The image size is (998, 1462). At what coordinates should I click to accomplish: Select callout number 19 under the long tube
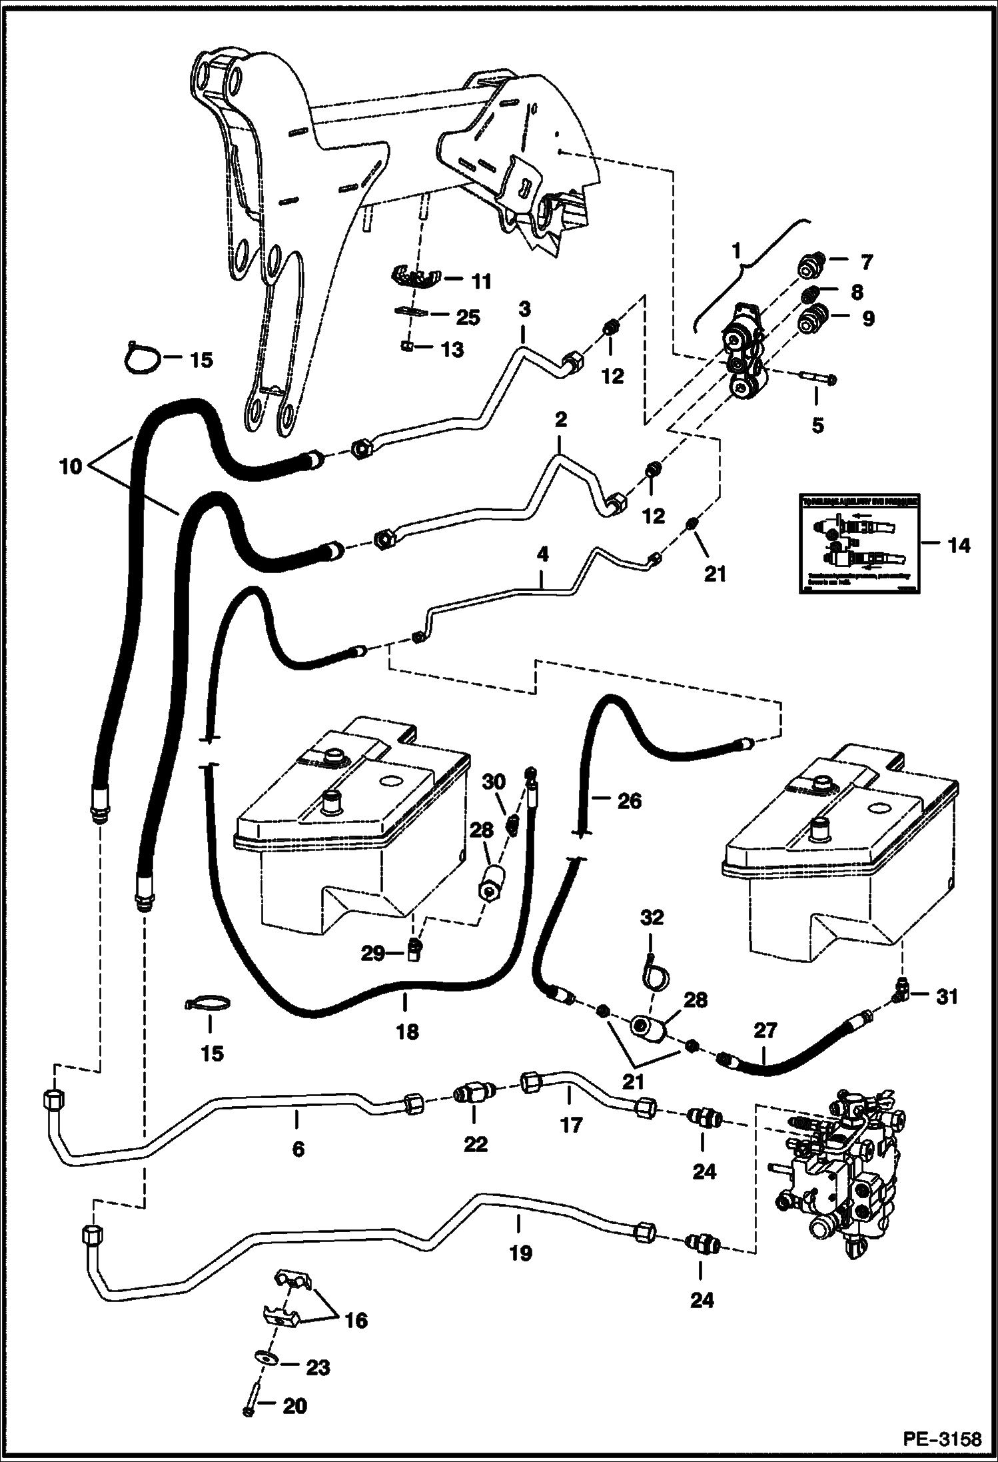[520, 1252]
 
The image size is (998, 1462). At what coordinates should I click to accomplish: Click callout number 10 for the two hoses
[69, 465]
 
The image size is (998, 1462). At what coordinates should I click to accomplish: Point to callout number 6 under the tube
[298, 1148]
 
